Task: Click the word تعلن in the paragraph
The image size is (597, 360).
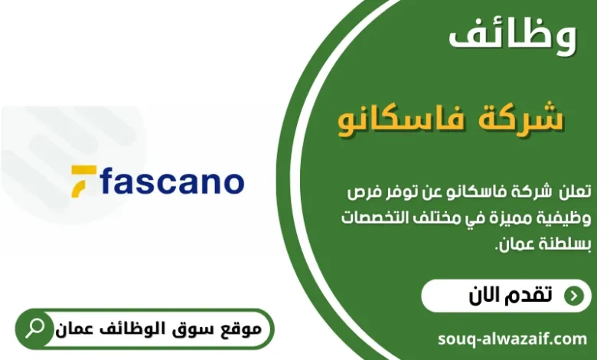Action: pos(575,189)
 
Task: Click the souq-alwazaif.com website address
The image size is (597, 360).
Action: pos(513,338)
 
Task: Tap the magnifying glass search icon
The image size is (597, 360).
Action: pos(35,329)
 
